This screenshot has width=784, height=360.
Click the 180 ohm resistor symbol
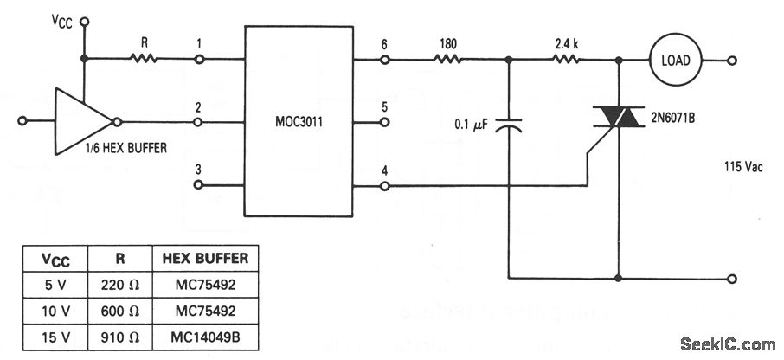point(447,60)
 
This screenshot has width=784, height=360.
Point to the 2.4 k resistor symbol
point(567,60)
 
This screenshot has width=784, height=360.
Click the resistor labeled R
point(144,60)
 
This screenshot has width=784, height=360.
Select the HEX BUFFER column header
point(204,257)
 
